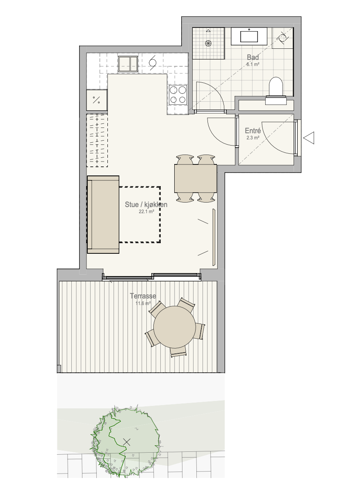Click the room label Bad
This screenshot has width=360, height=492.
(253, 57)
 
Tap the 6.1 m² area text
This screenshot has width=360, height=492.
(253, 64)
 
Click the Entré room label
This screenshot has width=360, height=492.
(253, 131)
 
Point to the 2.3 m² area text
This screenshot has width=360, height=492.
(253, 138)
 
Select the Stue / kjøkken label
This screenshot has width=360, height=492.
(146, 205)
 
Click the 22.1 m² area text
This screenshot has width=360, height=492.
(146, 212)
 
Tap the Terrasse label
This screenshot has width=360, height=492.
(143, 296)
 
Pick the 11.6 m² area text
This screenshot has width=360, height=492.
(143, 303)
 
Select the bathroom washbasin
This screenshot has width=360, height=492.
(249, 36)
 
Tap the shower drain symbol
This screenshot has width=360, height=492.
(208, 43)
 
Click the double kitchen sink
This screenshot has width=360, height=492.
(128, 64)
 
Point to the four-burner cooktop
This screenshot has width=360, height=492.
(178, 95)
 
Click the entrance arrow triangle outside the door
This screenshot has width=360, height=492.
(309, 138)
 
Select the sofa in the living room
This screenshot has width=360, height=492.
(103, 214)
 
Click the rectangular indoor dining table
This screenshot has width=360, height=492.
(196, 178)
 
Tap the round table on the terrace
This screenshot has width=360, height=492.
(174, 327)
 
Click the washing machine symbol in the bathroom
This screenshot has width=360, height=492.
(283, 38)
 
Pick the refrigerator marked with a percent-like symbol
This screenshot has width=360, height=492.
(97, 100)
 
